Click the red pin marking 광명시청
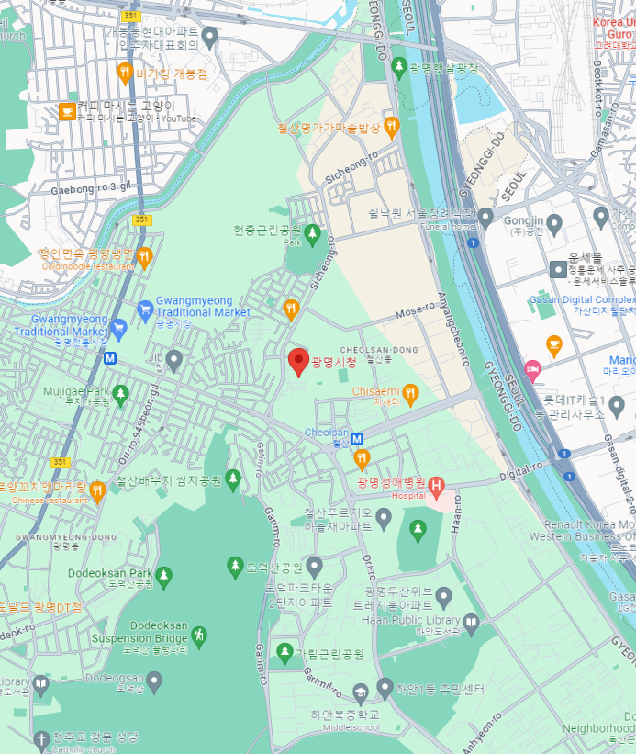[x=297, y=361]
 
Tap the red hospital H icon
[x=437, y=484]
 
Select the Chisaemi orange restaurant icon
[x=411, y=395]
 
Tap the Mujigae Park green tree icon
[x=120, y=394]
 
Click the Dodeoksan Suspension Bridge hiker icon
[x=199, y=634]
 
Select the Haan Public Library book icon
[x=471, y=625]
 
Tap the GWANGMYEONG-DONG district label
[x=66, y=536]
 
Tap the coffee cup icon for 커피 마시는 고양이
[x=66, y=111]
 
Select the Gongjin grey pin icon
[x=485, y=218]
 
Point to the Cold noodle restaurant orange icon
[x=143, y=257]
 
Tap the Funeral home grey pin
[x=485, y=218]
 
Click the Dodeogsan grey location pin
[x=154, y=681]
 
